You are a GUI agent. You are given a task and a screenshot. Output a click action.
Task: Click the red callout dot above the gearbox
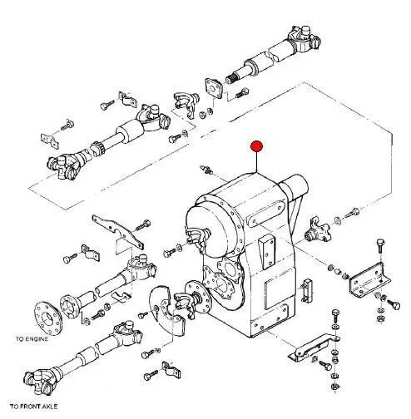256,146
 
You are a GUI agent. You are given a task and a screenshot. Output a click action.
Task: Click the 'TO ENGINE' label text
32,339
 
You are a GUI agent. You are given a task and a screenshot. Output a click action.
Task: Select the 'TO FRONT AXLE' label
34,407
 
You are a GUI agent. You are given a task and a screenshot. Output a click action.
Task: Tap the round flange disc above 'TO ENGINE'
48,318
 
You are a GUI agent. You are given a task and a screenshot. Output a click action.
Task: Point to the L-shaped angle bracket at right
369,280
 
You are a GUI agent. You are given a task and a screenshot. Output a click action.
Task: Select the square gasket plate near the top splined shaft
214,88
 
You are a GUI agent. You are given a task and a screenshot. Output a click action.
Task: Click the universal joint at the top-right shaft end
304,39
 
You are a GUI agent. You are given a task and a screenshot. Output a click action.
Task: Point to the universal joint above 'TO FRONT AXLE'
39,380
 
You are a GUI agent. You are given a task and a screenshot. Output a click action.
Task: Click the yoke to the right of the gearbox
318,230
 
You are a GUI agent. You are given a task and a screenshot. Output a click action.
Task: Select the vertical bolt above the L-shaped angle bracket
380,246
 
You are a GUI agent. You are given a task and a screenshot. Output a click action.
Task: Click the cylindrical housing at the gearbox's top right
294,185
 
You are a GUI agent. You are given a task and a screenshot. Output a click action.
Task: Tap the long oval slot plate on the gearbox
265,214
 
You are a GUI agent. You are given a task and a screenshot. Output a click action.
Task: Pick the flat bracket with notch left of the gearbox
118,231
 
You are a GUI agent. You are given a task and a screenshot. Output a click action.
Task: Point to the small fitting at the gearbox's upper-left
205,169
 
